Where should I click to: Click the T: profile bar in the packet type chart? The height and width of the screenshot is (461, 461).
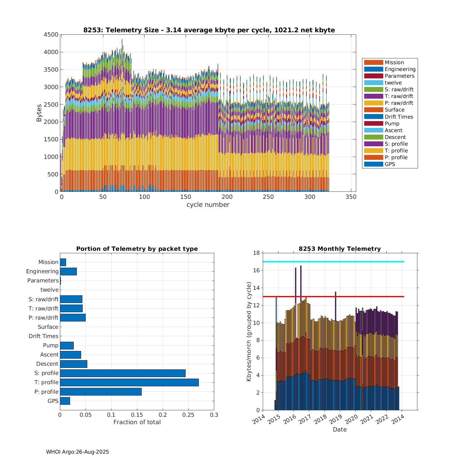pyautogui.click(x=129, y=382)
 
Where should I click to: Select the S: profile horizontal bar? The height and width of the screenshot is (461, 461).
pyautogui.click(x=123, y=373)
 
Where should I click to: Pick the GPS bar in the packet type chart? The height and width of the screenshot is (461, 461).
pyautogui.click(x=65, y=401)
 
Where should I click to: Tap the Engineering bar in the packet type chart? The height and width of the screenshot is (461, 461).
pyautogui.click(x=68, y=271)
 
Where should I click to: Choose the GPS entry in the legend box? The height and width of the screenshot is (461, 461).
pyautogui.click(x=390, y=164)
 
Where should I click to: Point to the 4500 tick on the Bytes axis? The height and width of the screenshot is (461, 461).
pyautogui.click(x=51, y=35)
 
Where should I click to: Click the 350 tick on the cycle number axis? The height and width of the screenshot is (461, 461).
pyautogui.click(x=351, y=197)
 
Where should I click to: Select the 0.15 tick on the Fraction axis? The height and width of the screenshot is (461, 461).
pyautogui.click(x=137, y=415)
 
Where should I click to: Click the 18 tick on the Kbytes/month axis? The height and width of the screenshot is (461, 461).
pyautogui.click(x=256, y=253)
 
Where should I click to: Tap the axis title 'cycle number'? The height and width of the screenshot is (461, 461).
pyautogui.click(x=208, y=205)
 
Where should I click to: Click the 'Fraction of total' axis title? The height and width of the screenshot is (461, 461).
pyautogui.click(x=137, y=422)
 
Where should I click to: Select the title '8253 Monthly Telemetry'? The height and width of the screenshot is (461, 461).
pyautogui.click(x=340, y=249)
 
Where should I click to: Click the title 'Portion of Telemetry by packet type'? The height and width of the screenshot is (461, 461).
pyautogui.click(x=137, y=249)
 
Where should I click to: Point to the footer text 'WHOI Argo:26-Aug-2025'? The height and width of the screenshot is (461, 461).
pyautogui.click(x=77, y=452)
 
